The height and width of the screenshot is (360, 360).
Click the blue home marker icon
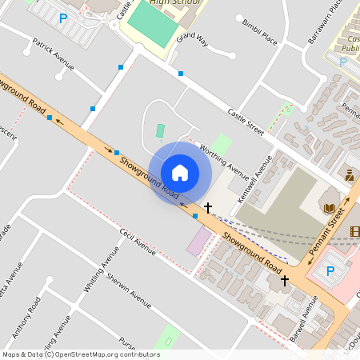coord(180,172)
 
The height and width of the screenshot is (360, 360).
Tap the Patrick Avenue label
coord(53,54)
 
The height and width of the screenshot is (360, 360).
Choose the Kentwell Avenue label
coord(260,172)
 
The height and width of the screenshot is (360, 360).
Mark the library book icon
coord(329,208)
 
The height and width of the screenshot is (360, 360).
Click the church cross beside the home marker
coord(208,207)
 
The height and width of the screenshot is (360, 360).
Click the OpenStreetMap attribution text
coord(80,354)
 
